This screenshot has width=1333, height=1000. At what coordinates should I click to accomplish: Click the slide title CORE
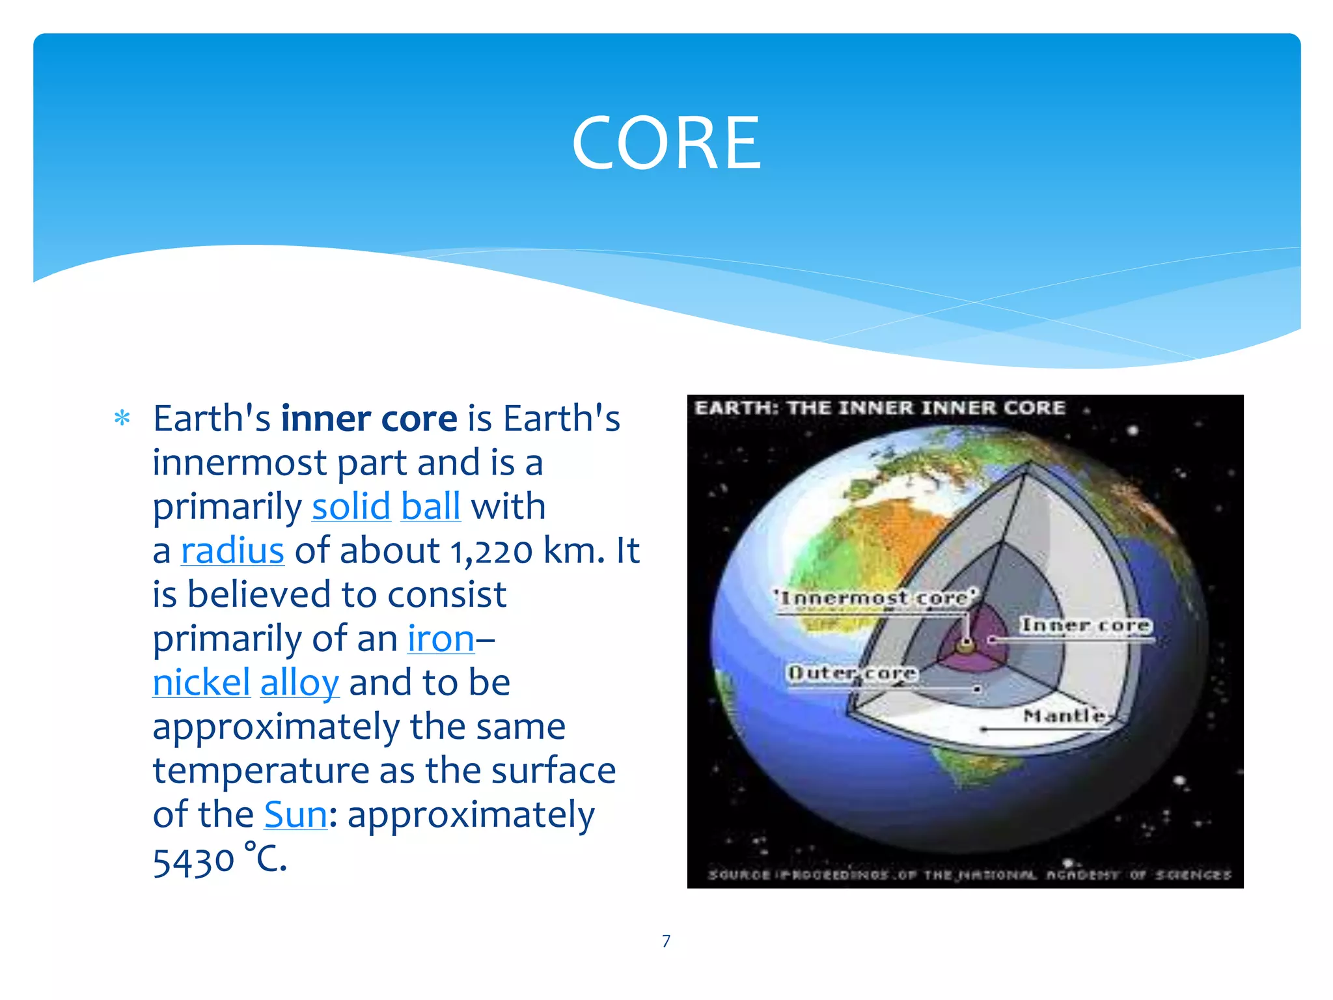click(x=666, y=143)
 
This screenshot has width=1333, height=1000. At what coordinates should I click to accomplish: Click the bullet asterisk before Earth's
click(x=122, y=418)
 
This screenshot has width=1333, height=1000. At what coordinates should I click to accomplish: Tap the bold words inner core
click(x=369, y=418)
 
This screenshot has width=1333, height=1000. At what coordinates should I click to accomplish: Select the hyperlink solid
click(x=351, y=507)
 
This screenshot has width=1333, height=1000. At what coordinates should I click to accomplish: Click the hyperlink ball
click(x=430, y=507)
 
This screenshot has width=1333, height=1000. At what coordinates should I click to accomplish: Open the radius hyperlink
click(x=232, y=551)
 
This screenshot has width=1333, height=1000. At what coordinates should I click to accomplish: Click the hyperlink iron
click(x=441, y=639)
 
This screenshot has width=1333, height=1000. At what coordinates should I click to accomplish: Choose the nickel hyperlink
click(x=201, y=683)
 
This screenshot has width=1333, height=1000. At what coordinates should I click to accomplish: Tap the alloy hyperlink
click(x=299, y=683)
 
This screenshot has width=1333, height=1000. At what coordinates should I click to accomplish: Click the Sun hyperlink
click(x=295, y=814)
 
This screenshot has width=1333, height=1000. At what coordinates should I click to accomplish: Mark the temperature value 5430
click(x=193, y=860)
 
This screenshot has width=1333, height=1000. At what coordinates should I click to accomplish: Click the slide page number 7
click(x=666, y=941)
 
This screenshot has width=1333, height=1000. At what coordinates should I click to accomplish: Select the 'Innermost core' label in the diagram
click(x=875, y=598)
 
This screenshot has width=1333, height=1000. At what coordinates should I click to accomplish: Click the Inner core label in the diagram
click(x=1085, y=625)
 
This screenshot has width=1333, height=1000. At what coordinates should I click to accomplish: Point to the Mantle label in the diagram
click(x=1064, y=715)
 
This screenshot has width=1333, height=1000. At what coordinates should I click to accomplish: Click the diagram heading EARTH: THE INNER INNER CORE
click(x=879, y=408)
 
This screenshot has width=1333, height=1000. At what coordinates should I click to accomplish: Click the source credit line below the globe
click(x=969, y=874)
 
